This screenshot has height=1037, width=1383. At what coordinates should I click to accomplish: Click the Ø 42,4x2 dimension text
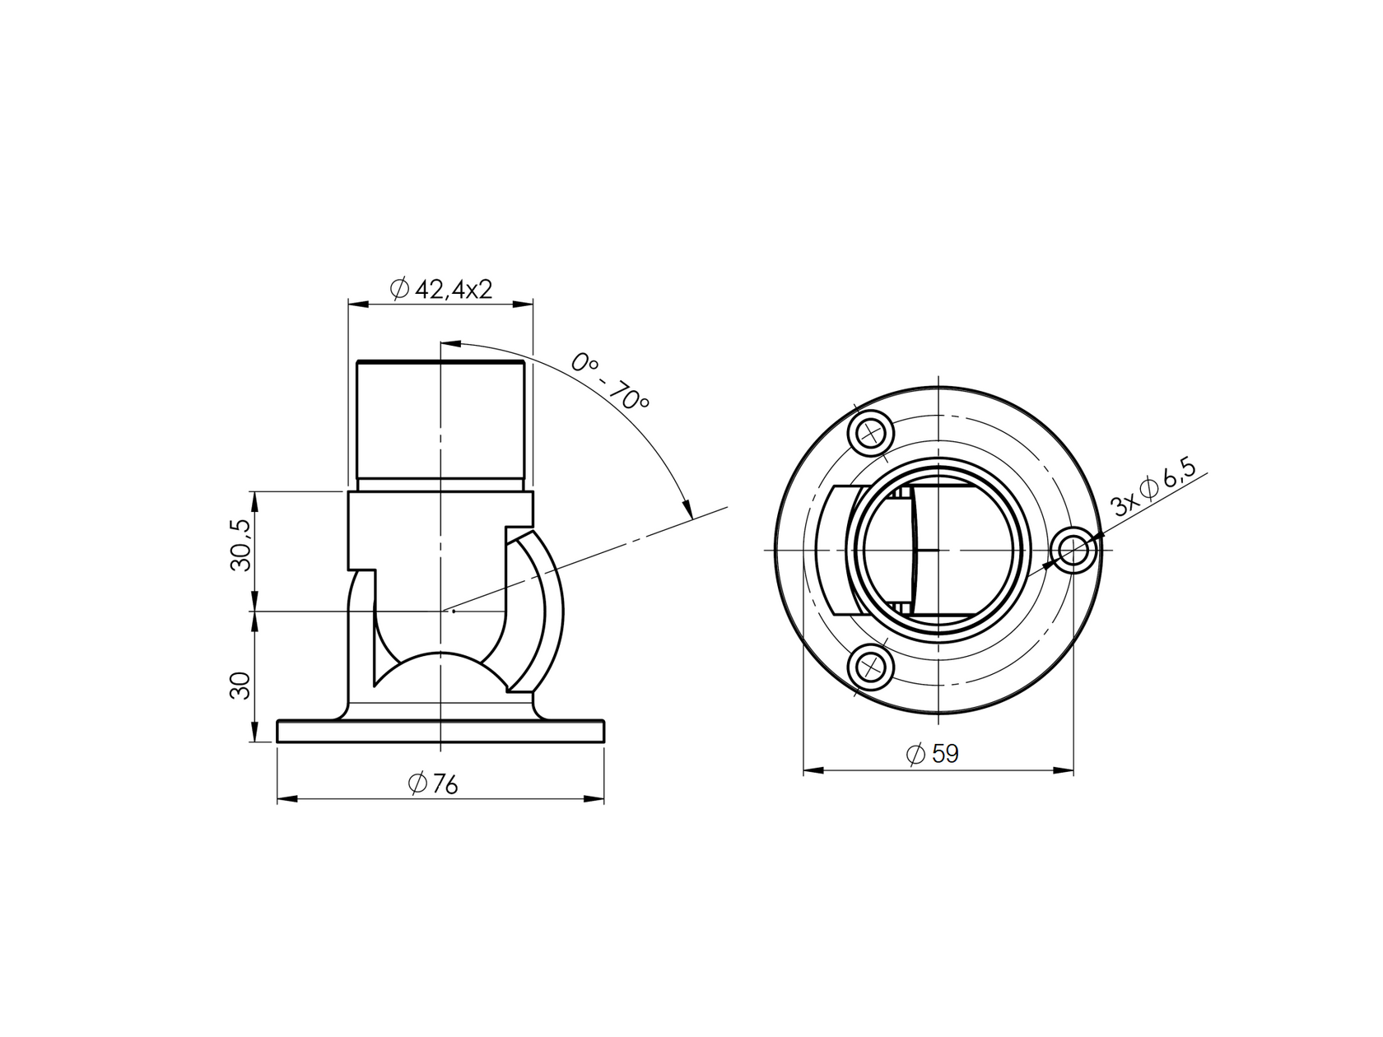(441, 290)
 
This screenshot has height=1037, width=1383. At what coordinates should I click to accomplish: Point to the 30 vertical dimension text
(240, 686)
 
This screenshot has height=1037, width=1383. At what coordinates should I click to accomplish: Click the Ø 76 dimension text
(433, 784)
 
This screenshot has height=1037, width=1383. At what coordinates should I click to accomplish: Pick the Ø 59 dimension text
(932, 754)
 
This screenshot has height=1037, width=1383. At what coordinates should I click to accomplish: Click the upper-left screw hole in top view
(872, 432)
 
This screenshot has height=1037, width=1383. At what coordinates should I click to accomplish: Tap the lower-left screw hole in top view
(872, 667)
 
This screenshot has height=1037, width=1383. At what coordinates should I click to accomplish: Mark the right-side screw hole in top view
(1074, 550)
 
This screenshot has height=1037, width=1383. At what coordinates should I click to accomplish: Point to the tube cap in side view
(440, 420)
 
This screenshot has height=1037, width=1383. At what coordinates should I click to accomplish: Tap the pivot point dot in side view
(454, 611)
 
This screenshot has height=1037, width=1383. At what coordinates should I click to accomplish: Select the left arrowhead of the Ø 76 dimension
(285, 798)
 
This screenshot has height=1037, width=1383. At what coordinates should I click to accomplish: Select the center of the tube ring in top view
(939, 549)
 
